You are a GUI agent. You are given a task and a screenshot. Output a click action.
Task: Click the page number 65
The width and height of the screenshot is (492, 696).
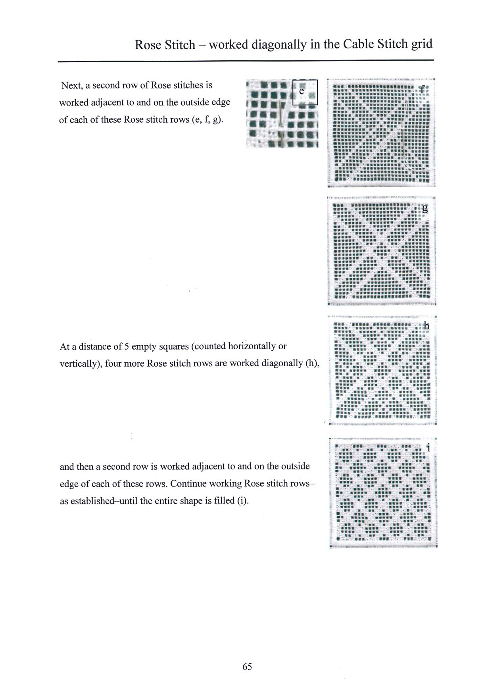[x=247, y=666]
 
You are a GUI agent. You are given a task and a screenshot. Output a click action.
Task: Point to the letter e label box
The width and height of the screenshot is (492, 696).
[x=305, y=92]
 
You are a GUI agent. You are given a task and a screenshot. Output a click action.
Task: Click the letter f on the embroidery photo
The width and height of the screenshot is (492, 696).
[x=422, y=89]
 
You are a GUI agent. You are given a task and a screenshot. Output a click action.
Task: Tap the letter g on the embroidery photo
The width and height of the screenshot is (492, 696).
[x=425, y=209]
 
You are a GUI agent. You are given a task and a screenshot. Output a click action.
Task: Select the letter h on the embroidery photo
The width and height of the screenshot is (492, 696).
[x=426, y=326]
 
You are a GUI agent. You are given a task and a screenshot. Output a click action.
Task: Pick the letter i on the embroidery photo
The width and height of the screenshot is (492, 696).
[x=428, y=448]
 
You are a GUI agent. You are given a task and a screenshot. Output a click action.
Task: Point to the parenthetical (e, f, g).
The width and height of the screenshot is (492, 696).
[x=207, y=119]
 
